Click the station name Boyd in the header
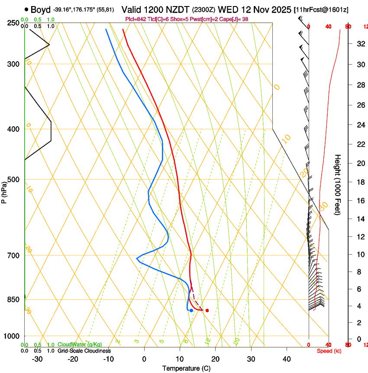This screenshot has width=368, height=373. click(41, 10)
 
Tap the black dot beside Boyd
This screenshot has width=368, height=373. click(27, 10)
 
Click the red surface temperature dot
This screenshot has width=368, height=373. click(207, 310)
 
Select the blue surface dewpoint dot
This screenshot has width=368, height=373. click(191, 311)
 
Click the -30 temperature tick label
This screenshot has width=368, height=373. click(37, 359)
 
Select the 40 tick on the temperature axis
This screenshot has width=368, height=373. click(287, 359)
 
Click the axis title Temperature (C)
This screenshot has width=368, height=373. click(186, 368)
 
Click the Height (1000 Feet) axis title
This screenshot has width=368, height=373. click(338, 184)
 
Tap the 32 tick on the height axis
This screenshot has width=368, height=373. click(359, 44)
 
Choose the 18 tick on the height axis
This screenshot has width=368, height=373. click(359, 182)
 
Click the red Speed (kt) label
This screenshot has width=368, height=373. click(329, 351)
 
